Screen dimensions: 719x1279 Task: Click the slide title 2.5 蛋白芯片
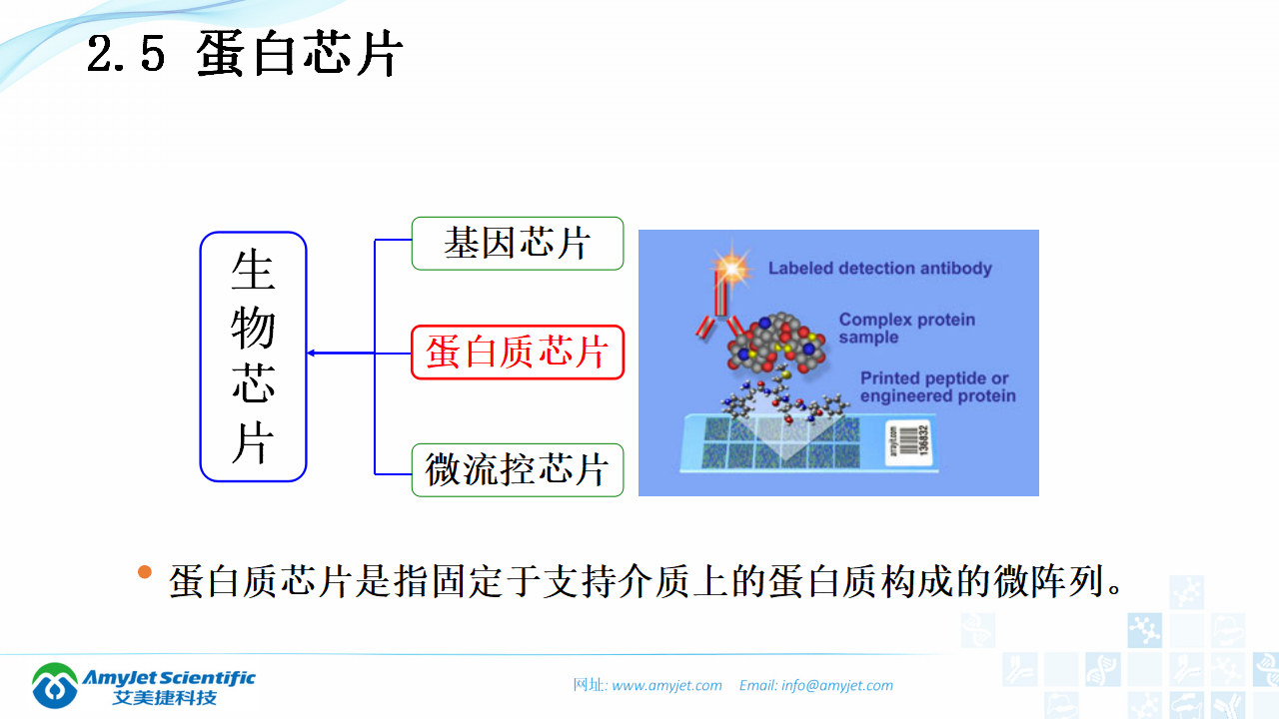pyautogui.click(x=245, y=54)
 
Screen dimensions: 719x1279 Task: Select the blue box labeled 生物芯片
pyautogui.click(x=253, y=357)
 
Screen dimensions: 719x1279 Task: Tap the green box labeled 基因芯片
pyautogui.click(x=517, y=244)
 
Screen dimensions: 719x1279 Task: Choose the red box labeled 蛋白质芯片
pyautogui.click(x=517, y=353)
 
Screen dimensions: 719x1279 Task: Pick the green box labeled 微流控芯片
pyautogui.click(x=517, y=469)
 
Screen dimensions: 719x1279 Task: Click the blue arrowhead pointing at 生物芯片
pyautogui.click(x=313, y=353)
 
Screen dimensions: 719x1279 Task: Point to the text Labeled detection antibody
pyautogui.click(x=879, y=268)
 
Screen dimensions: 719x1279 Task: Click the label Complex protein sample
pyautogui.click(x=906, y=329)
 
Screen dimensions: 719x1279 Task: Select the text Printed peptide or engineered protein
pyautogui.click(x=937, y=387)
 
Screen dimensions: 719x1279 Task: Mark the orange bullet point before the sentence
pyautogui.click(x=145, y=572)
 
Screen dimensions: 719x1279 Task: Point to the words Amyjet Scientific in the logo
pyautogui.click(x=170, y=678)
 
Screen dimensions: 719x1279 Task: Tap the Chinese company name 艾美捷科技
pyautogui.click(x=165, y=697)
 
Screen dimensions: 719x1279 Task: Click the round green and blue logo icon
pyautogui.click(x=55, y=685)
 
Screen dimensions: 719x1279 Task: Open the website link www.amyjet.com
pyautogui.click(x=666, y=685)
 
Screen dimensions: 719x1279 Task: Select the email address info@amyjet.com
pyautogui.click(x=837, y=685)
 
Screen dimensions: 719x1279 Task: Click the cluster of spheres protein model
pyautogui.click(x=773, y=345)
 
